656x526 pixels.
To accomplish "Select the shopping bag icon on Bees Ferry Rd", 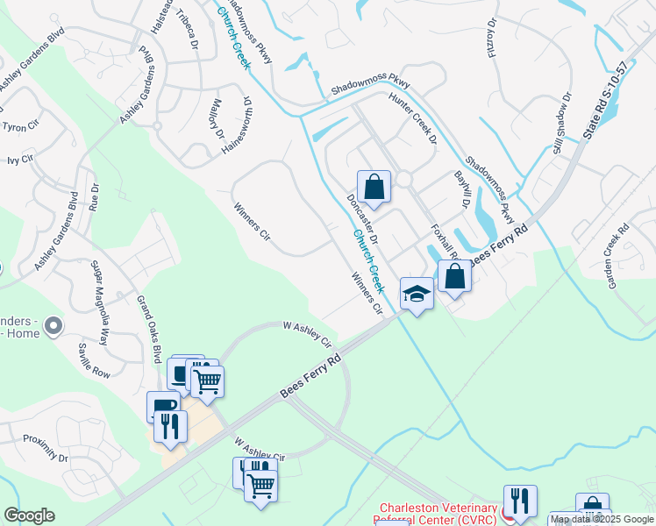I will point(455,276).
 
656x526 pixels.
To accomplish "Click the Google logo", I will point(29,515).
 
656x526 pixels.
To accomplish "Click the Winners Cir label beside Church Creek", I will point(367,294).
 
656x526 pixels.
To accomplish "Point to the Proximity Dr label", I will point(46,447).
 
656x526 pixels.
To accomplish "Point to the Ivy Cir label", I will point(18,160).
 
